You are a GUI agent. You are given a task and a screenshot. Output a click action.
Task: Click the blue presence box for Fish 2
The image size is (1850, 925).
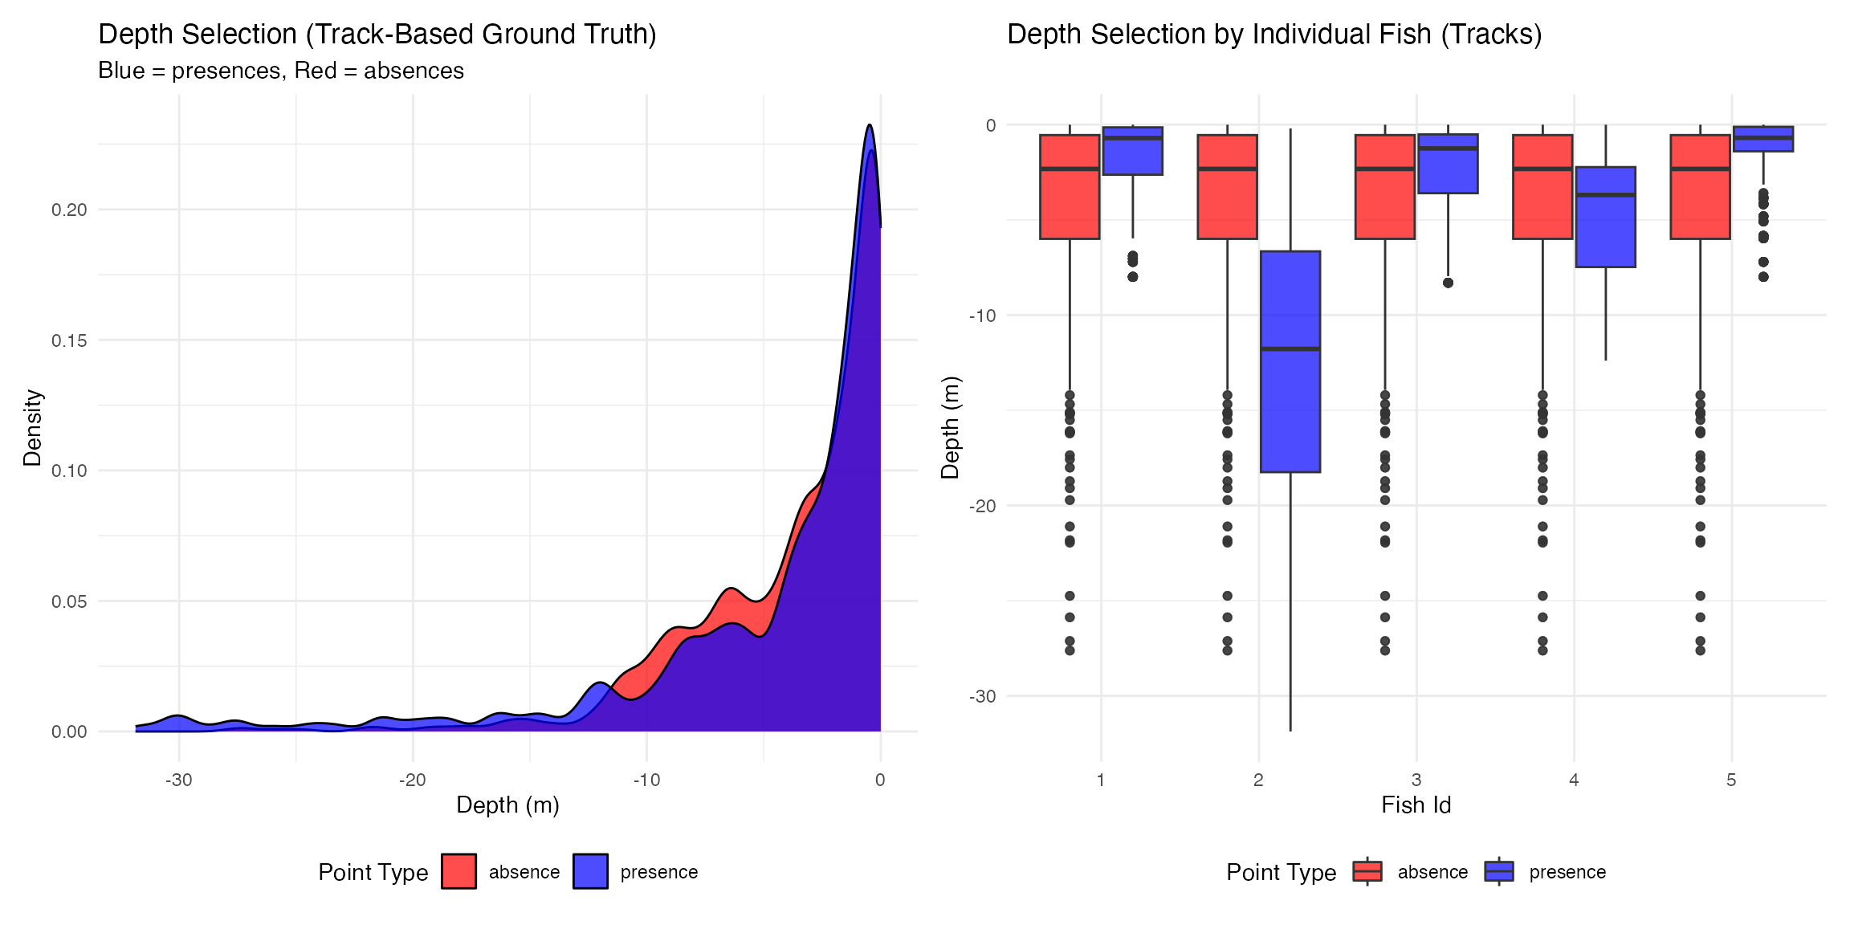click(1290, 401)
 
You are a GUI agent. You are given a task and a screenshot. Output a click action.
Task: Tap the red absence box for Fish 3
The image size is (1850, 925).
click(1384, 201)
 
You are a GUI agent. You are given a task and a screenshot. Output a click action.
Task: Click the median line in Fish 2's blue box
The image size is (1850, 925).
click(1290, 348)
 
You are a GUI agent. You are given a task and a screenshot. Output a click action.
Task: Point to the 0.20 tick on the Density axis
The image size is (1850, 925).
click(69, 210)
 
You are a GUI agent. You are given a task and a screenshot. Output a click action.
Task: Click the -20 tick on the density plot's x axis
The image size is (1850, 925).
click(413, 780)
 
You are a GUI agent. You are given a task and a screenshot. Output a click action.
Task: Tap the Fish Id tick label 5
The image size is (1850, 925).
click(1731, 780)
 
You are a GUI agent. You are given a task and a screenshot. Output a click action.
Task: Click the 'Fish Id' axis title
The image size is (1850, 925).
click(1416, 805)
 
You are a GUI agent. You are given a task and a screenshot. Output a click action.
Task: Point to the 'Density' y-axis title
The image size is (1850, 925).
click(32, 428)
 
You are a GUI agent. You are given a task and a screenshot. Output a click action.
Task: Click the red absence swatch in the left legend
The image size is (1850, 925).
click(458, 871)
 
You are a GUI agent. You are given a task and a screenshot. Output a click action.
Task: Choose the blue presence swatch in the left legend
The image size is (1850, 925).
click(590, 871)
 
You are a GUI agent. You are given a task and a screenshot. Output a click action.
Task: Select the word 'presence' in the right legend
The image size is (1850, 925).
click(1567, 872)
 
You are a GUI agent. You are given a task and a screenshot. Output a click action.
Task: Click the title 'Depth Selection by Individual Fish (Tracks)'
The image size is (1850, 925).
click(1274, 35)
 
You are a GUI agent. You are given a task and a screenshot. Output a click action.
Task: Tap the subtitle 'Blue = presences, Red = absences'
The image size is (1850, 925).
click(281, 71)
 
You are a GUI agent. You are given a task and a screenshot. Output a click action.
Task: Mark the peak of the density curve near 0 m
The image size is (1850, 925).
click(870, 125)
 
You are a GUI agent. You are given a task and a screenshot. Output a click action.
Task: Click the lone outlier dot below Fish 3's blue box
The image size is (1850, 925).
click(1448, 283)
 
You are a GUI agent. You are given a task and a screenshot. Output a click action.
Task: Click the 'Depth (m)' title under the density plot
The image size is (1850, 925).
click(507, 805)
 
